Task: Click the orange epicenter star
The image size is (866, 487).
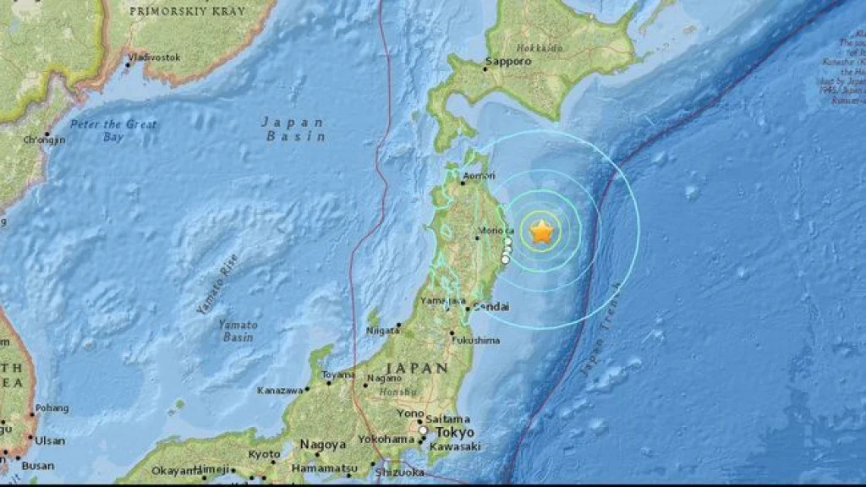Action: (x=541, y=230)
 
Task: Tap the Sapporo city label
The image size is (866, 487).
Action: (x=509, y=62)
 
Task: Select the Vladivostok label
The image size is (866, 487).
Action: (x=155, y=57)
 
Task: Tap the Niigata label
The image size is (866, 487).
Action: (x=383, y=331)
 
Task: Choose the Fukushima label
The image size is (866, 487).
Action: (x=478, y=340)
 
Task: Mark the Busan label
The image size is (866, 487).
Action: (x=38, y=466)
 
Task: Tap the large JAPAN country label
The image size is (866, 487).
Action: (x=417, y=368)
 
